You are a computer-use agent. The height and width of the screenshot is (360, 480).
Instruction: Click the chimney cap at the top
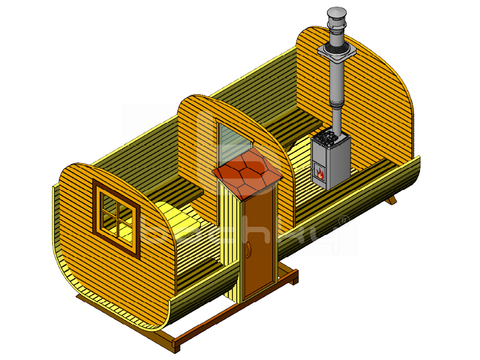tap(337, 13)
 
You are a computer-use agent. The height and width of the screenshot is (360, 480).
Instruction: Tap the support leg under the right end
tap(392, 199)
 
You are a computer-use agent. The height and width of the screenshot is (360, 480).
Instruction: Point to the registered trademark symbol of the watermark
tap(344, 220)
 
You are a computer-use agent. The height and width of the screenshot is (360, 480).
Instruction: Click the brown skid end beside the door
tap(293, 277)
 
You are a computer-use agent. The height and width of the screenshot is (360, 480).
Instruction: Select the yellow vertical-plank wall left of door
tap(231, 240)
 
